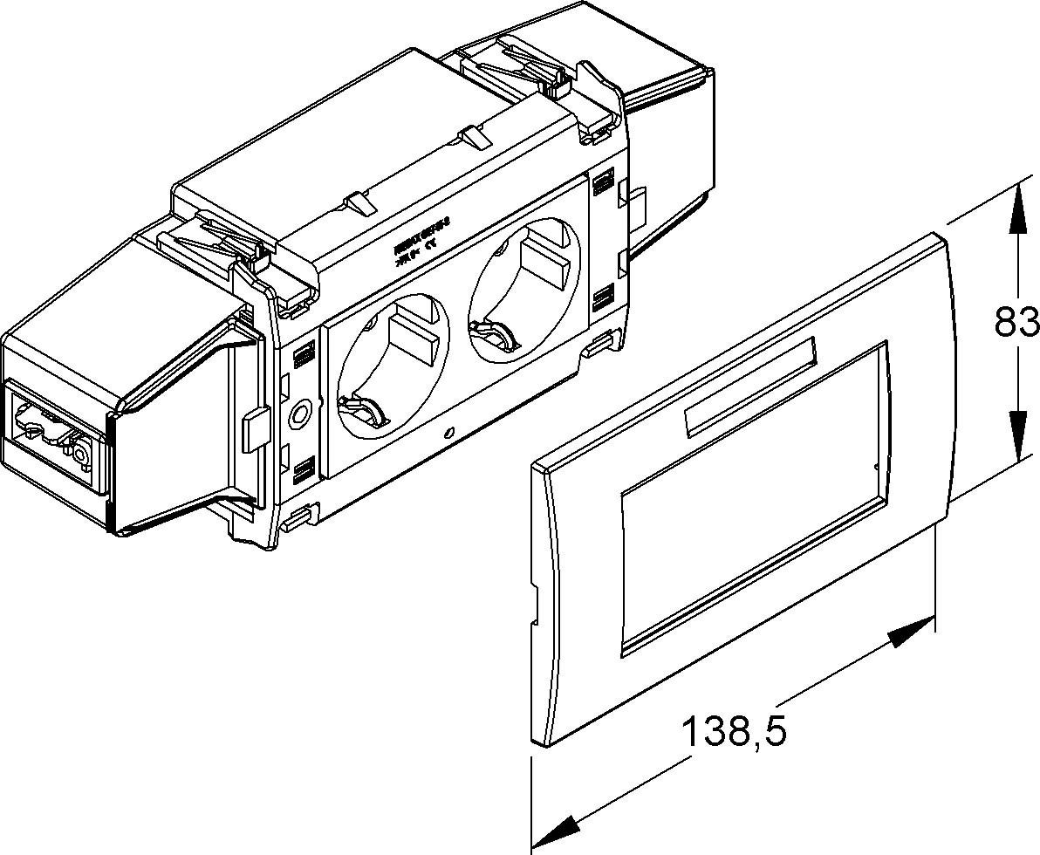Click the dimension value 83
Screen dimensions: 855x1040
pyautogui.click(x=1017, y=324)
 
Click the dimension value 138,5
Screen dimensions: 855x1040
pyautogui.click(x=733, y=731)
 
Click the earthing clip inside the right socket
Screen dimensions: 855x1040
pyautogui.click(x=489, y=332)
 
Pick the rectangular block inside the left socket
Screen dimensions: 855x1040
pyautogui.click(x=412, y=340)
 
